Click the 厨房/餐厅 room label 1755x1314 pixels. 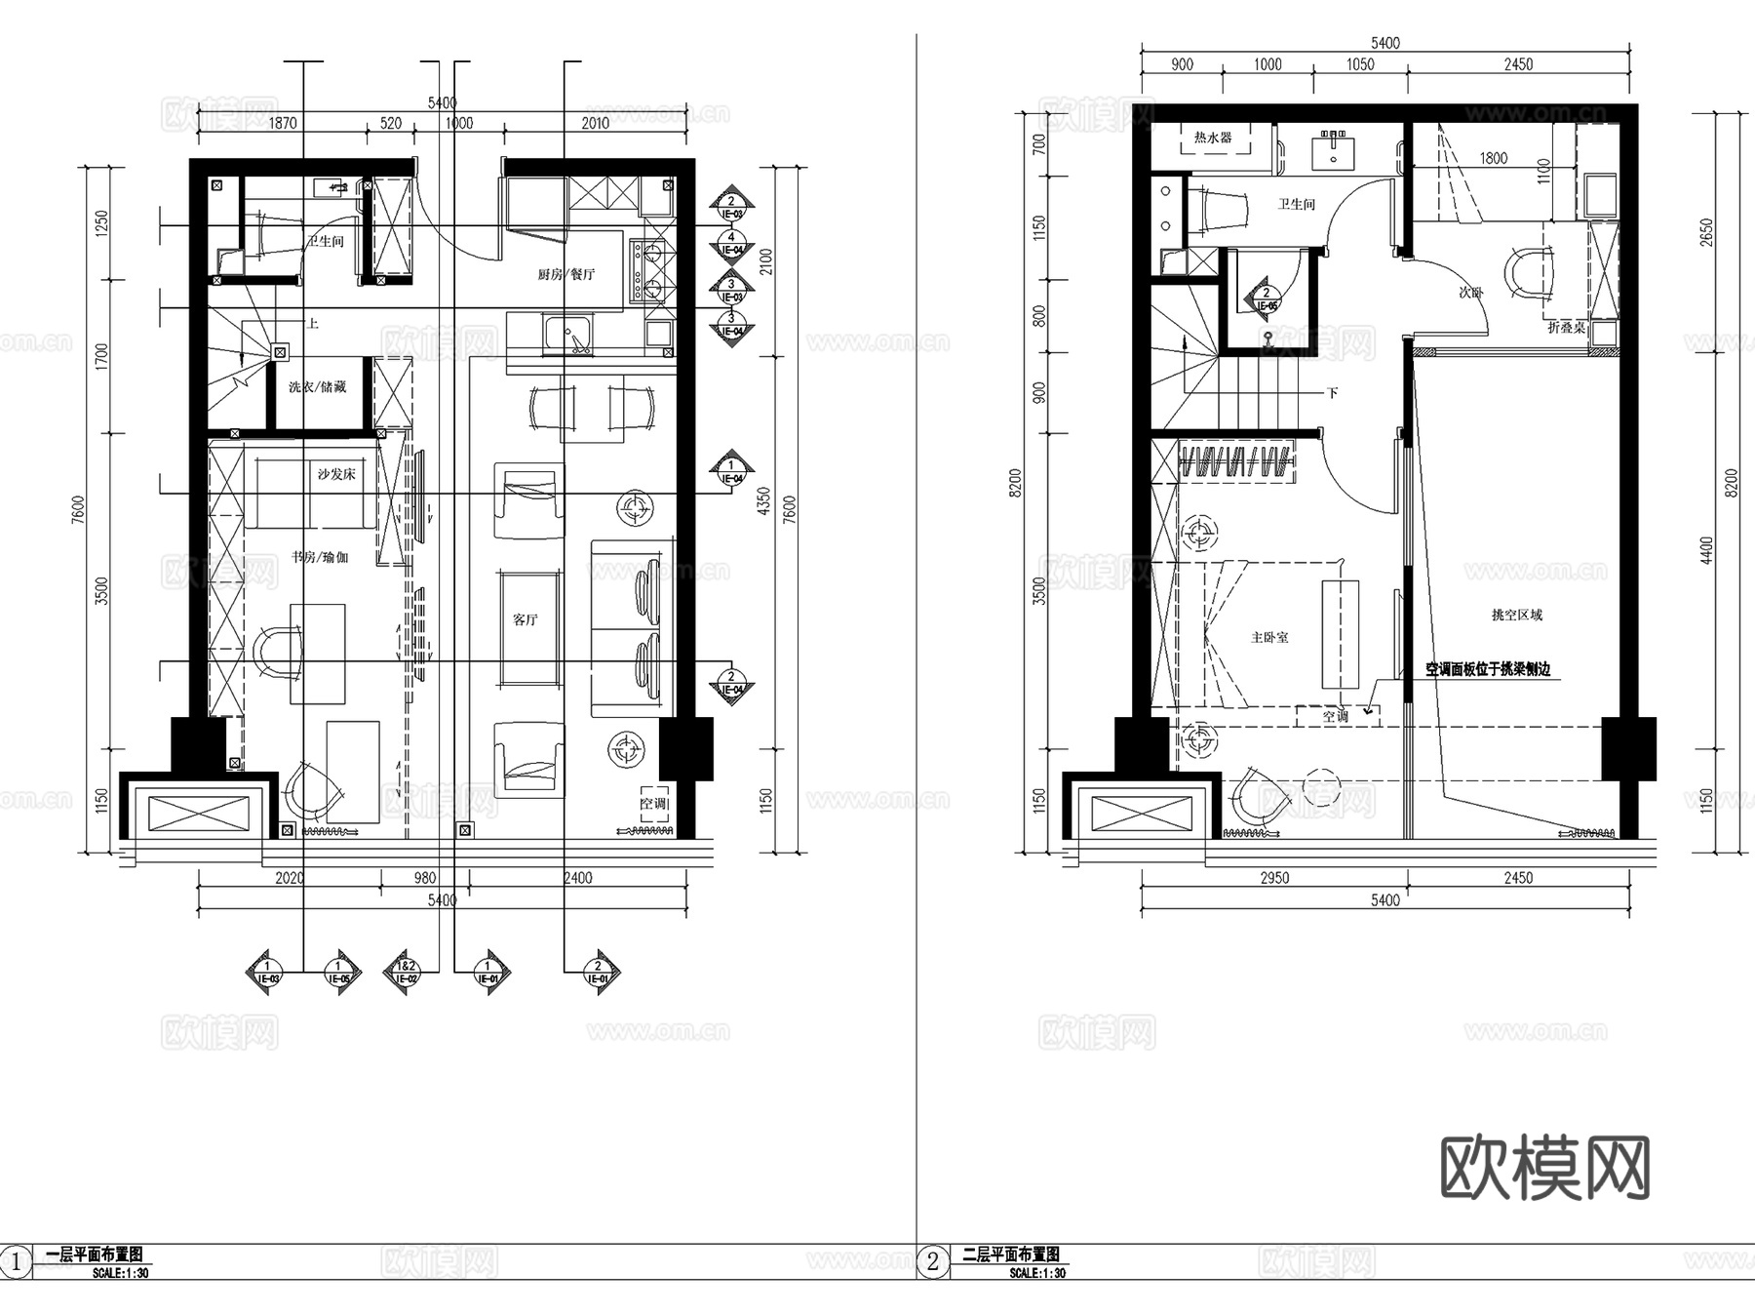565,274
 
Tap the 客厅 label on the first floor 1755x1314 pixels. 526,619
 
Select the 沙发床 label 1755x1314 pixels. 336,474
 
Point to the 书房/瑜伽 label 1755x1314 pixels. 320,557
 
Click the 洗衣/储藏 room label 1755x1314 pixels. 317,387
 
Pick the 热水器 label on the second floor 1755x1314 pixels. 1213,138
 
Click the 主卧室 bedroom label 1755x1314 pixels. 1269,637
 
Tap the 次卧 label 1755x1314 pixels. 1470,292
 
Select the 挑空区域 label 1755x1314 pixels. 1517,615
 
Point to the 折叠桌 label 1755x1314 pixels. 1566,328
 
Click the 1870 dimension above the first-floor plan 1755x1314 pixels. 283,123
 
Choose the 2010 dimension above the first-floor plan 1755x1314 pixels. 595,123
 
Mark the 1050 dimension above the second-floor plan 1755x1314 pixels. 1360,64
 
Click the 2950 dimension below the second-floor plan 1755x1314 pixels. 1274,878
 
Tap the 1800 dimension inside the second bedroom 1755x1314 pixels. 1493,158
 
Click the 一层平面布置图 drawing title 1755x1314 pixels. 95,1254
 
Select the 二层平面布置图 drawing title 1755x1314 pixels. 1011,1254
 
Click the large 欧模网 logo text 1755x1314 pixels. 1544,1168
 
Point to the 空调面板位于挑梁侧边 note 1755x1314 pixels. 1488,669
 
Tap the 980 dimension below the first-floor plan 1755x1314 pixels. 425,878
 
